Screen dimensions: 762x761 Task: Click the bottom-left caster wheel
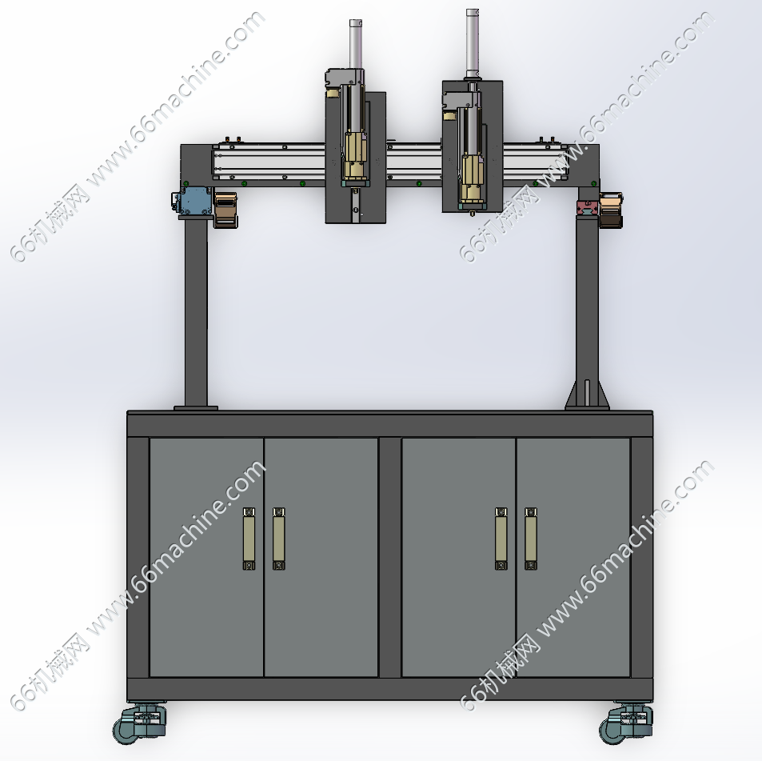(139, 723)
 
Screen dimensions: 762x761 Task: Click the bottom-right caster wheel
(625, 723)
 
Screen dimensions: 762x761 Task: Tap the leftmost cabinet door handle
(249, 539)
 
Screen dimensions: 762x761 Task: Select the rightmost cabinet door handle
(531, 539)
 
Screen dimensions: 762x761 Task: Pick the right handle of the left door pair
(278, 539)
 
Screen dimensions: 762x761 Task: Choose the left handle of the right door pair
(501, 539)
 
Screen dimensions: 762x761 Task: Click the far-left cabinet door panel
(206, 557)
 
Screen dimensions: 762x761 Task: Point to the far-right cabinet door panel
(573, 557)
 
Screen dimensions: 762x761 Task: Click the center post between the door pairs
(389, 557)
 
